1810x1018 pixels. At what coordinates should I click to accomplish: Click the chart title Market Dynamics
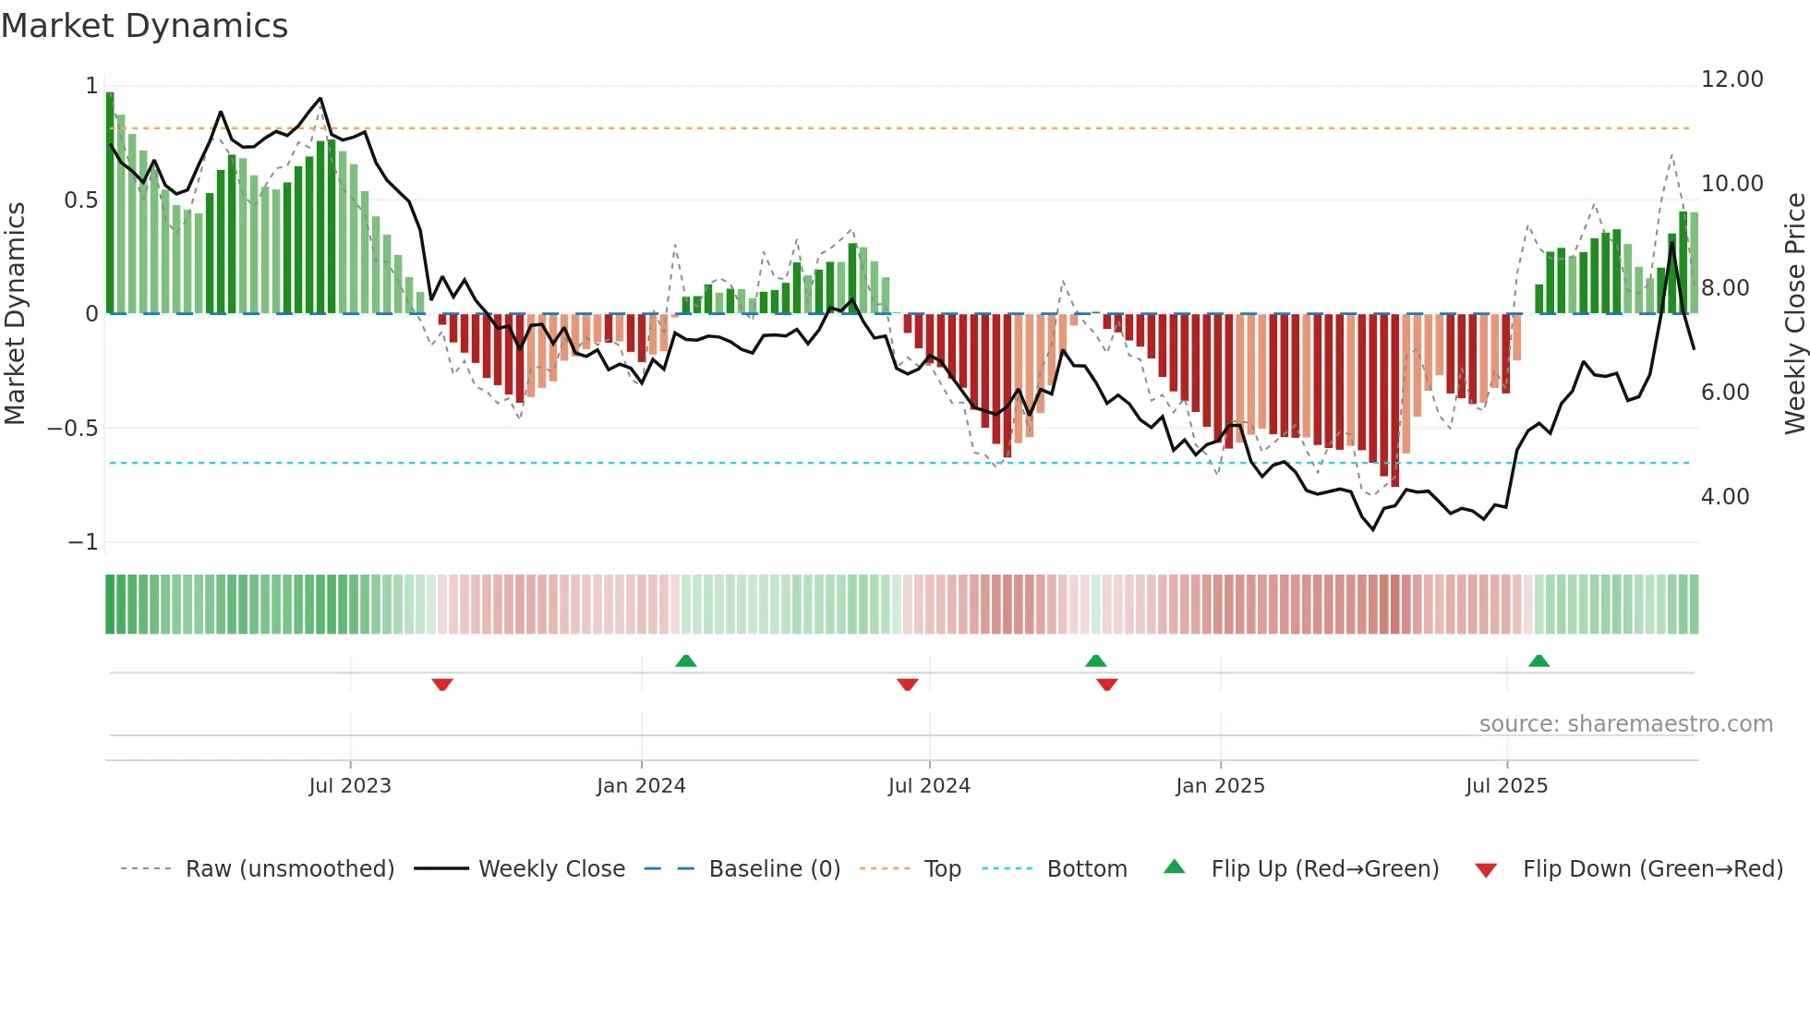[x=144, y=26]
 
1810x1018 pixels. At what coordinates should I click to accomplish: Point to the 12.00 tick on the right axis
[x=1732, y=79]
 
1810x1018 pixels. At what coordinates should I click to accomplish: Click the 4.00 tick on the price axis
[x=1724, y=497]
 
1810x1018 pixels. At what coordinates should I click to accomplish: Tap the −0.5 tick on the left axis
[x=72, y=429]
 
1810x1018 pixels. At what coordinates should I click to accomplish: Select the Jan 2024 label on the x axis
[x=641, y=786]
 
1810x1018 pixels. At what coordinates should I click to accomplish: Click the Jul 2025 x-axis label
[x=1506, y=786]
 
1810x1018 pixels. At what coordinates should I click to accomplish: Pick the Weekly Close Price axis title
[x=1794, y=314]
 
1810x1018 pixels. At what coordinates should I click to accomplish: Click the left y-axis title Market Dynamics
[x=15, y=314]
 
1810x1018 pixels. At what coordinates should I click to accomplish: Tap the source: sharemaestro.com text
[x=1625, y=724]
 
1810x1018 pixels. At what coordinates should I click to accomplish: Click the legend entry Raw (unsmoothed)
[x=289, y=869]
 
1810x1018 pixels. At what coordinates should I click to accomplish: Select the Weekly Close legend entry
[x=551, y=869]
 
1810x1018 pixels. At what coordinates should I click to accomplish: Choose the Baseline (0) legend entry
[x=774, y=869]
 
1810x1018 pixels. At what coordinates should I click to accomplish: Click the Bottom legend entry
[x=1086, y=869]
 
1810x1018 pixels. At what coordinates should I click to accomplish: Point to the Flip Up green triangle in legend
[x=1174, y=867]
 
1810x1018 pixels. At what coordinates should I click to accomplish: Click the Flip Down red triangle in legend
[x=1485, y=870]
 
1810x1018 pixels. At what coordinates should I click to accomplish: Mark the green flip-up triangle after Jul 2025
[x=1538, y=661]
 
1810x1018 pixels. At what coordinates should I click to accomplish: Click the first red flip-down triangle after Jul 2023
[x=442, y=685]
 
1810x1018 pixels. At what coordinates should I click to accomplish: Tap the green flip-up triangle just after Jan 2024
[x=685, y=661]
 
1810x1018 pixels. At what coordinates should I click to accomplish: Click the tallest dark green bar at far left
[x=110, y=203]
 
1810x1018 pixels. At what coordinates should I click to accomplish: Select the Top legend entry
[x=942, y=869]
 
